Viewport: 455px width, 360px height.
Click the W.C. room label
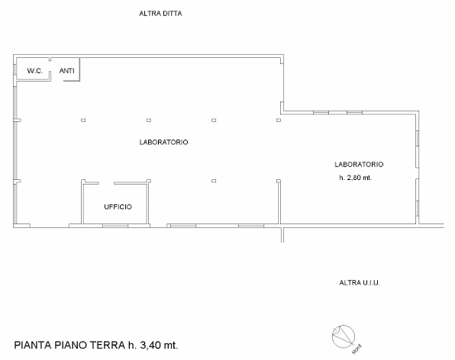[x=35, y=71]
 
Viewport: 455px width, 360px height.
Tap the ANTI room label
[x=66, y=71]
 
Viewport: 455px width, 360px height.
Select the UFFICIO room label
[x=118, y=207]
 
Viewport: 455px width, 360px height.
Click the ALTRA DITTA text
[x=160, y=14]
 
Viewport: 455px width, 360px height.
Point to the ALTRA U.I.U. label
[x=360, y=283]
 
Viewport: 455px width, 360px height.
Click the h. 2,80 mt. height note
[x=356, y=178]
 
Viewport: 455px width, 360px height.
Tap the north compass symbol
[x=344, y=336]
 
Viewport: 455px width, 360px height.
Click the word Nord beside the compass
[x=357, y=349]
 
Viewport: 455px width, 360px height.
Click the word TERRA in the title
[x=108, y=345]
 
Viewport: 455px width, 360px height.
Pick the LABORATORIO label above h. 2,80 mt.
[x=359, y=164]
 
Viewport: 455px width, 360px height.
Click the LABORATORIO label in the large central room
[x=163, y=142]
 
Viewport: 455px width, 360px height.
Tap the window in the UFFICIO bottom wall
[x=115, y=226]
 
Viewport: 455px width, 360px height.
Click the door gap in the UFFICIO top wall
[x=106, y=183]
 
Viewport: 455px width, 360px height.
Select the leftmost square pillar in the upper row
[x=83, y=120]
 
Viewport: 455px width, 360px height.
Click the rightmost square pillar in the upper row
[x=279, y=120]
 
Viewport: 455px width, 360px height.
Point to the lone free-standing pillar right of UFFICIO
[x=214, y=181]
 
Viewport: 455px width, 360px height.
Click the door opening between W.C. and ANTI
[x=50, y=66]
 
